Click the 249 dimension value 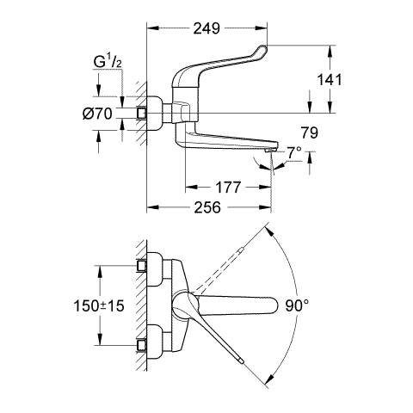[206, 28]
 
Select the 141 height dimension [330, 80]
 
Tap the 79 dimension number [310, 133]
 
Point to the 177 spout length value [228, 188]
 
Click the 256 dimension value [207, 207]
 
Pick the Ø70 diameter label [97, 114]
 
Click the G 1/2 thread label [108, 63]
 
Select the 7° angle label [294, 153]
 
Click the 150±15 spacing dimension [99, 305]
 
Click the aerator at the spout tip [270, 151]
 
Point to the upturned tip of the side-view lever [262, 48]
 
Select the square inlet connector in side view [142, 114]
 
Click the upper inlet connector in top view [141, 266]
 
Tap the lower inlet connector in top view [141, 346]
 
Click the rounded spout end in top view [274, 305]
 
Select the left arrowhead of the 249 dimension [153, 28]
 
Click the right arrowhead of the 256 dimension [265, 207]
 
